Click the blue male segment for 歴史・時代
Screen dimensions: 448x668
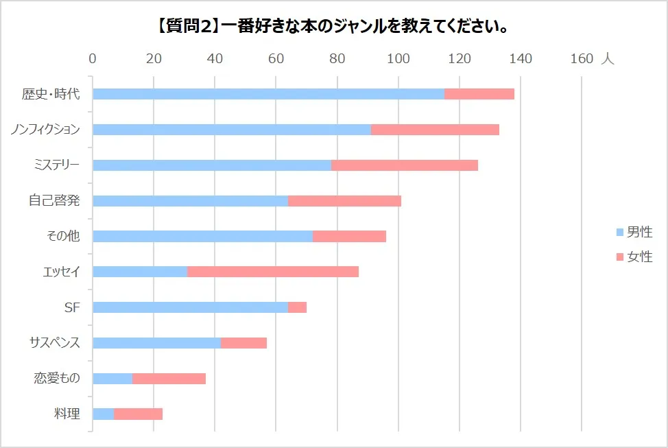click(x=268, y=94)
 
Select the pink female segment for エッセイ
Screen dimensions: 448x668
click(x=273, y=272)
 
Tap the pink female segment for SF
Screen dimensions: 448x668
click(x=297, y=307)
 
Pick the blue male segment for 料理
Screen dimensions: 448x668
click(x=104, y=414)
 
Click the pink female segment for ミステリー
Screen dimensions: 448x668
click(x=405, y=165)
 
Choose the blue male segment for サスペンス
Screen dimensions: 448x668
click(x=156, y=343)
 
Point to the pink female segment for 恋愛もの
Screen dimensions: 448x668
click(x=169, y=379)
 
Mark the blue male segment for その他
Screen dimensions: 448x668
click(x=202, y=236)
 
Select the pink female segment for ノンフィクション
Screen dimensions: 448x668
click(x=435, y=130)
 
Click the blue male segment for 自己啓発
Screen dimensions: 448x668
click(x=190, y=201)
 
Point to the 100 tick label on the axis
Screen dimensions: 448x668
click(x=398, y=59)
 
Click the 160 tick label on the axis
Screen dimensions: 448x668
click(x=582, y=59)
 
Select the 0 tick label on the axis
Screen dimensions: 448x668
click(x=93, y=59)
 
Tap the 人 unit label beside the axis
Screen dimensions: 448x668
click(x=608, y=59)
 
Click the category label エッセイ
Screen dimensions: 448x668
click(x=61, y=272)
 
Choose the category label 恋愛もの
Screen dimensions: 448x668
click(x=57, y=379)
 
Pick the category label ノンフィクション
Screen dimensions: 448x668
click(x=45, y=130)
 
